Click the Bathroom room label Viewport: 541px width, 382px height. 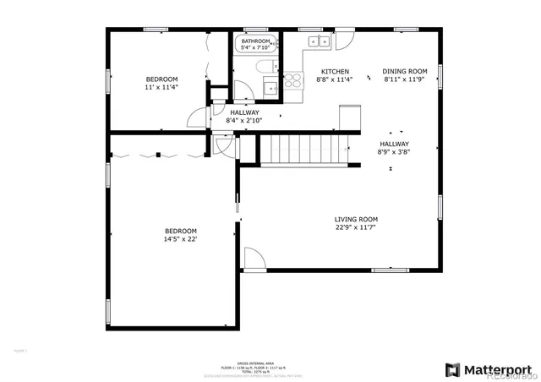255,41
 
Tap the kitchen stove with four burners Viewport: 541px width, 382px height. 293,81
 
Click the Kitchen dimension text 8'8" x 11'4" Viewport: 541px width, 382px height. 333,80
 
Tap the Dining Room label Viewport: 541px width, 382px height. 405,72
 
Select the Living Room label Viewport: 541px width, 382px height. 356,219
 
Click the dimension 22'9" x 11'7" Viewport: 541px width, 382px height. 356,227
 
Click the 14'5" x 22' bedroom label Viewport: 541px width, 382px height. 180,239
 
